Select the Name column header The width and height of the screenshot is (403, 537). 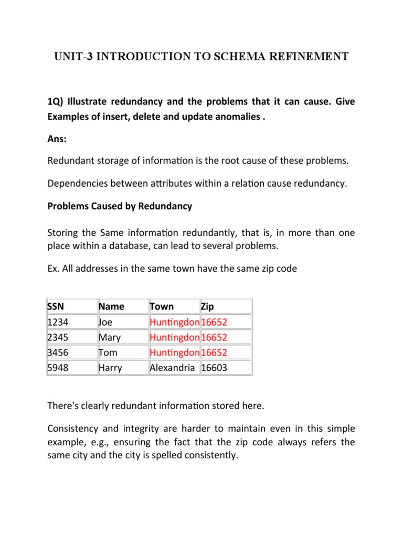111,306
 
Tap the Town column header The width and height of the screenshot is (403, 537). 163,306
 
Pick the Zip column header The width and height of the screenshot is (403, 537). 208,306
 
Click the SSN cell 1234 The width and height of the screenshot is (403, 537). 57,321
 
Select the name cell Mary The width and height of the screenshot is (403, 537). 110,337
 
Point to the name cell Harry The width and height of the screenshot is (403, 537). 110,368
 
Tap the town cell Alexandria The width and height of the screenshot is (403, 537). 173,368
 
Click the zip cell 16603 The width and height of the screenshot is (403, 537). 215,368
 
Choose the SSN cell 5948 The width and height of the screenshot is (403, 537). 57,368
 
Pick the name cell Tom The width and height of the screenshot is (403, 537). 108,352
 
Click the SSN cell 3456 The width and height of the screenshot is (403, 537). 57,352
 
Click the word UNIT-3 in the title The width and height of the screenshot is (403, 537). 75,57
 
